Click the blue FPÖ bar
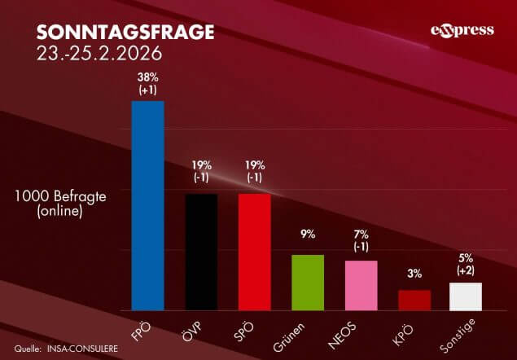[x=148, y=205]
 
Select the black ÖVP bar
[x=201, y=252]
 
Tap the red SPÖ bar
[x=254, y=252]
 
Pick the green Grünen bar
[x=308, y=282]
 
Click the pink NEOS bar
[x=361, y=285]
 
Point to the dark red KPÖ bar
[x=414, y=300]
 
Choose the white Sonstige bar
[x=467, y=296]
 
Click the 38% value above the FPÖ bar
[x=148, y=77]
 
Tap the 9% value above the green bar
[x=308, y=235]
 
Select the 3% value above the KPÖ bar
[x=414, y=274]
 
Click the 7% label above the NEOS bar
[x=361, y=235]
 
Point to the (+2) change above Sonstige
[x=467, y=270]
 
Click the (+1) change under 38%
[x=148, y=89]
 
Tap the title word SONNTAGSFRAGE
[x=125, y=33]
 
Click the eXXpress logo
[x=462, y=31]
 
